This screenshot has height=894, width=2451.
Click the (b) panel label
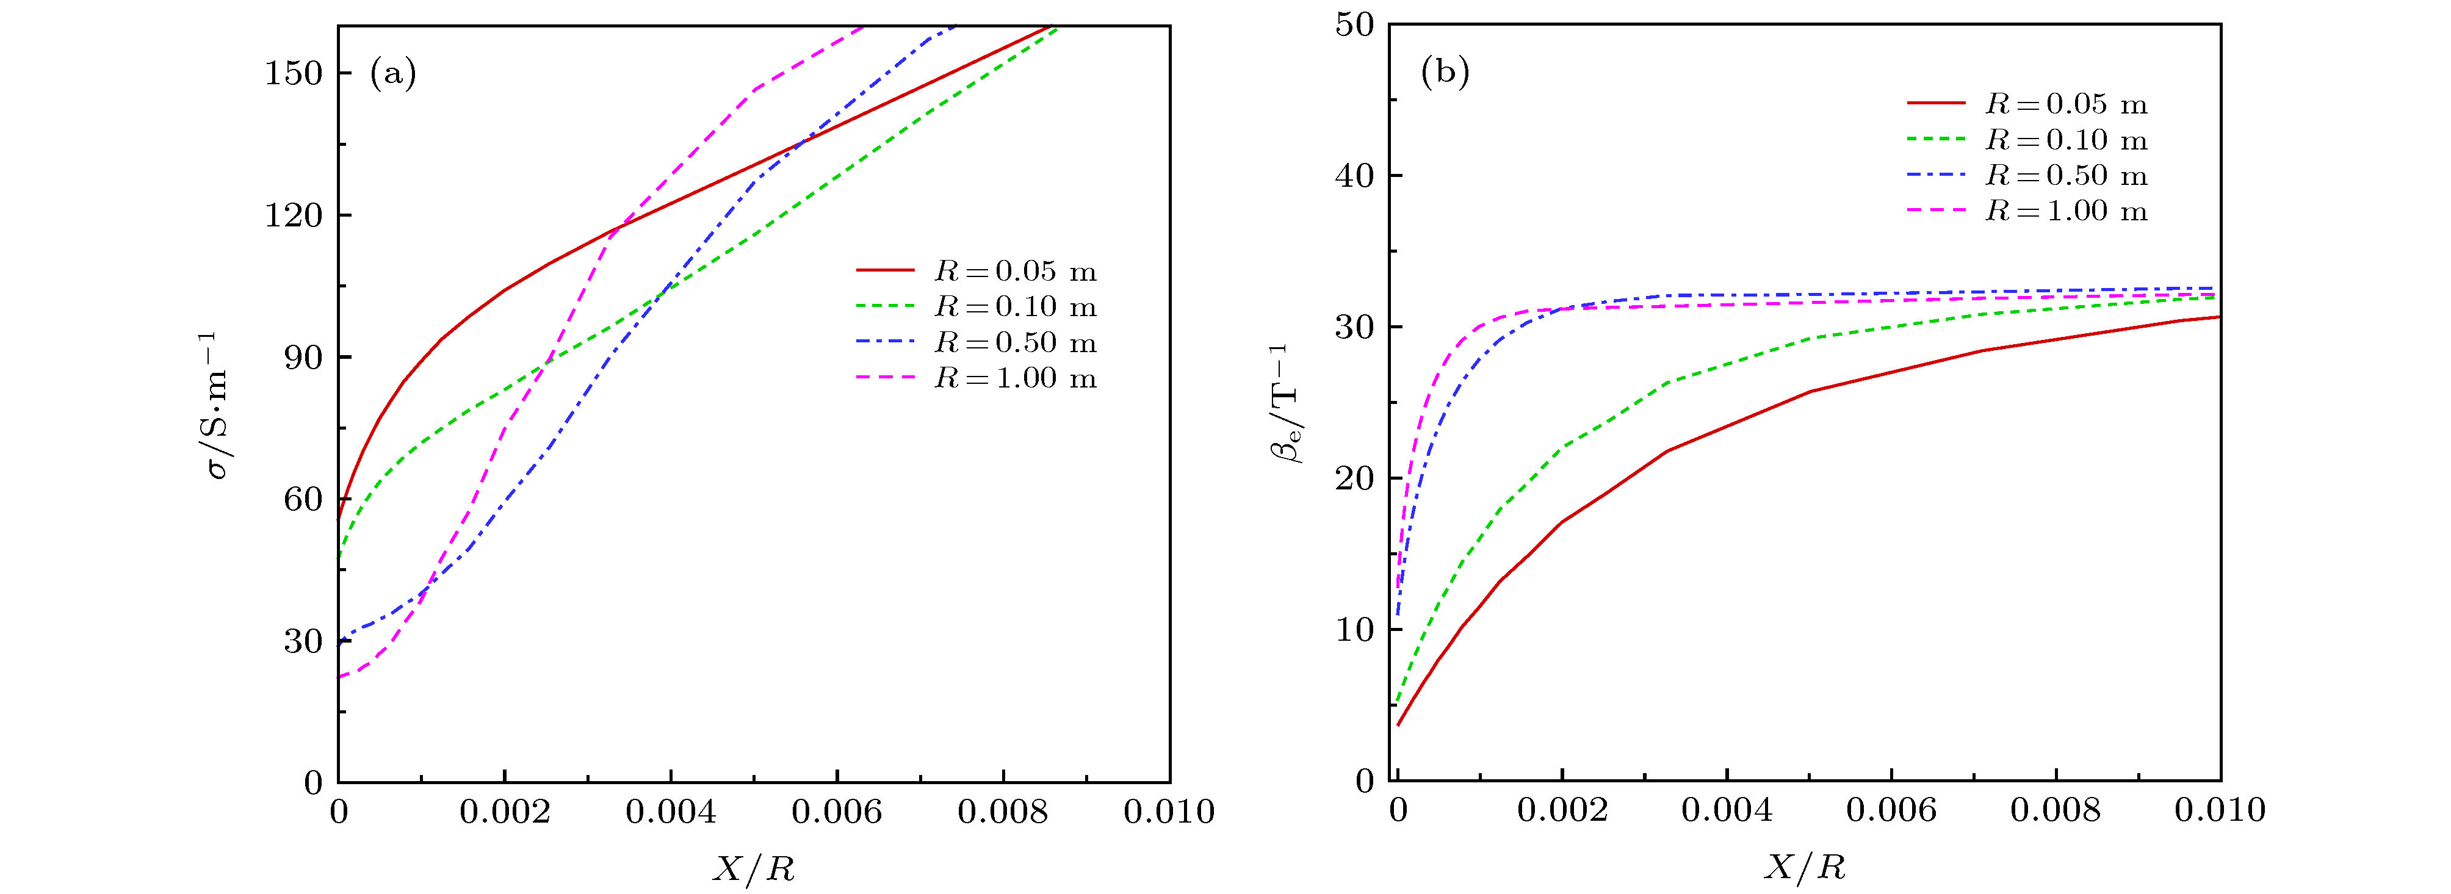click(x=1445, y=72)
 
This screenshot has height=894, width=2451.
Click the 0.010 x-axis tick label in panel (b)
click(x=2219, y=810)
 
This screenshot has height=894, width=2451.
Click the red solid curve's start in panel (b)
click(x=1398, y=726)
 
